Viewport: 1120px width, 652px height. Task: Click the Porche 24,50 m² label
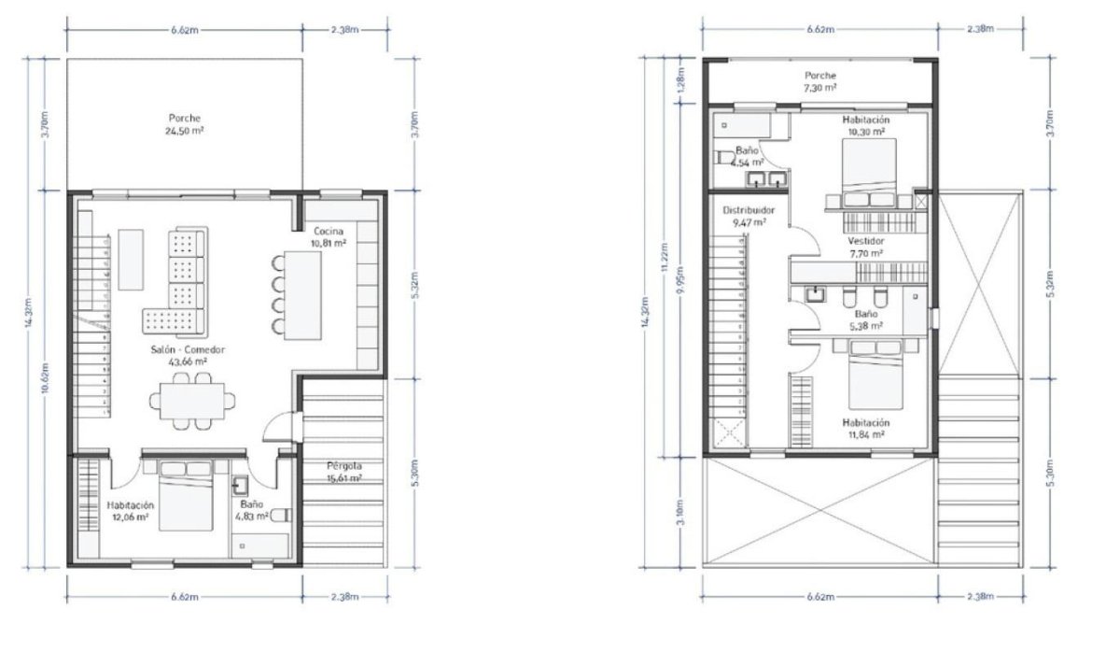pyautogui.click(x=185, y=125)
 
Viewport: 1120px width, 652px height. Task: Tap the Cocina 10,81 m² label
pyautogui.click(x=329, y=237)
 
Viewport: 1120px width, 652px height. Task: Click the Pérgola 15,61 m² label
pyautogui.click(x=343, y=472)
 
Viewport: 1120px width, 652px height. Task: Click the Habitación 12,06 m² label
pyautogui.click(x=130, y=510)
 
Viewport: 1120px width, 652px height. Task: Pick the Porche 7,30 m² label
pyautogui.click(x=819, y=80)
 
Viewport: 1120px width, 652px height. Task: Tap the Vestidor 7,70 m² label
pyautogui.click(x=865, y=247)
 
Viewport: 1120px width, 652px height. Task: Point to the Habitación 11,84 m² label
pyautogui.click(x=865, y=428)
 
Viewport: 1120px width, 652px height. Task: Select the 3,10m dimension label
pyautogui.click(x=681, y=511)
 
